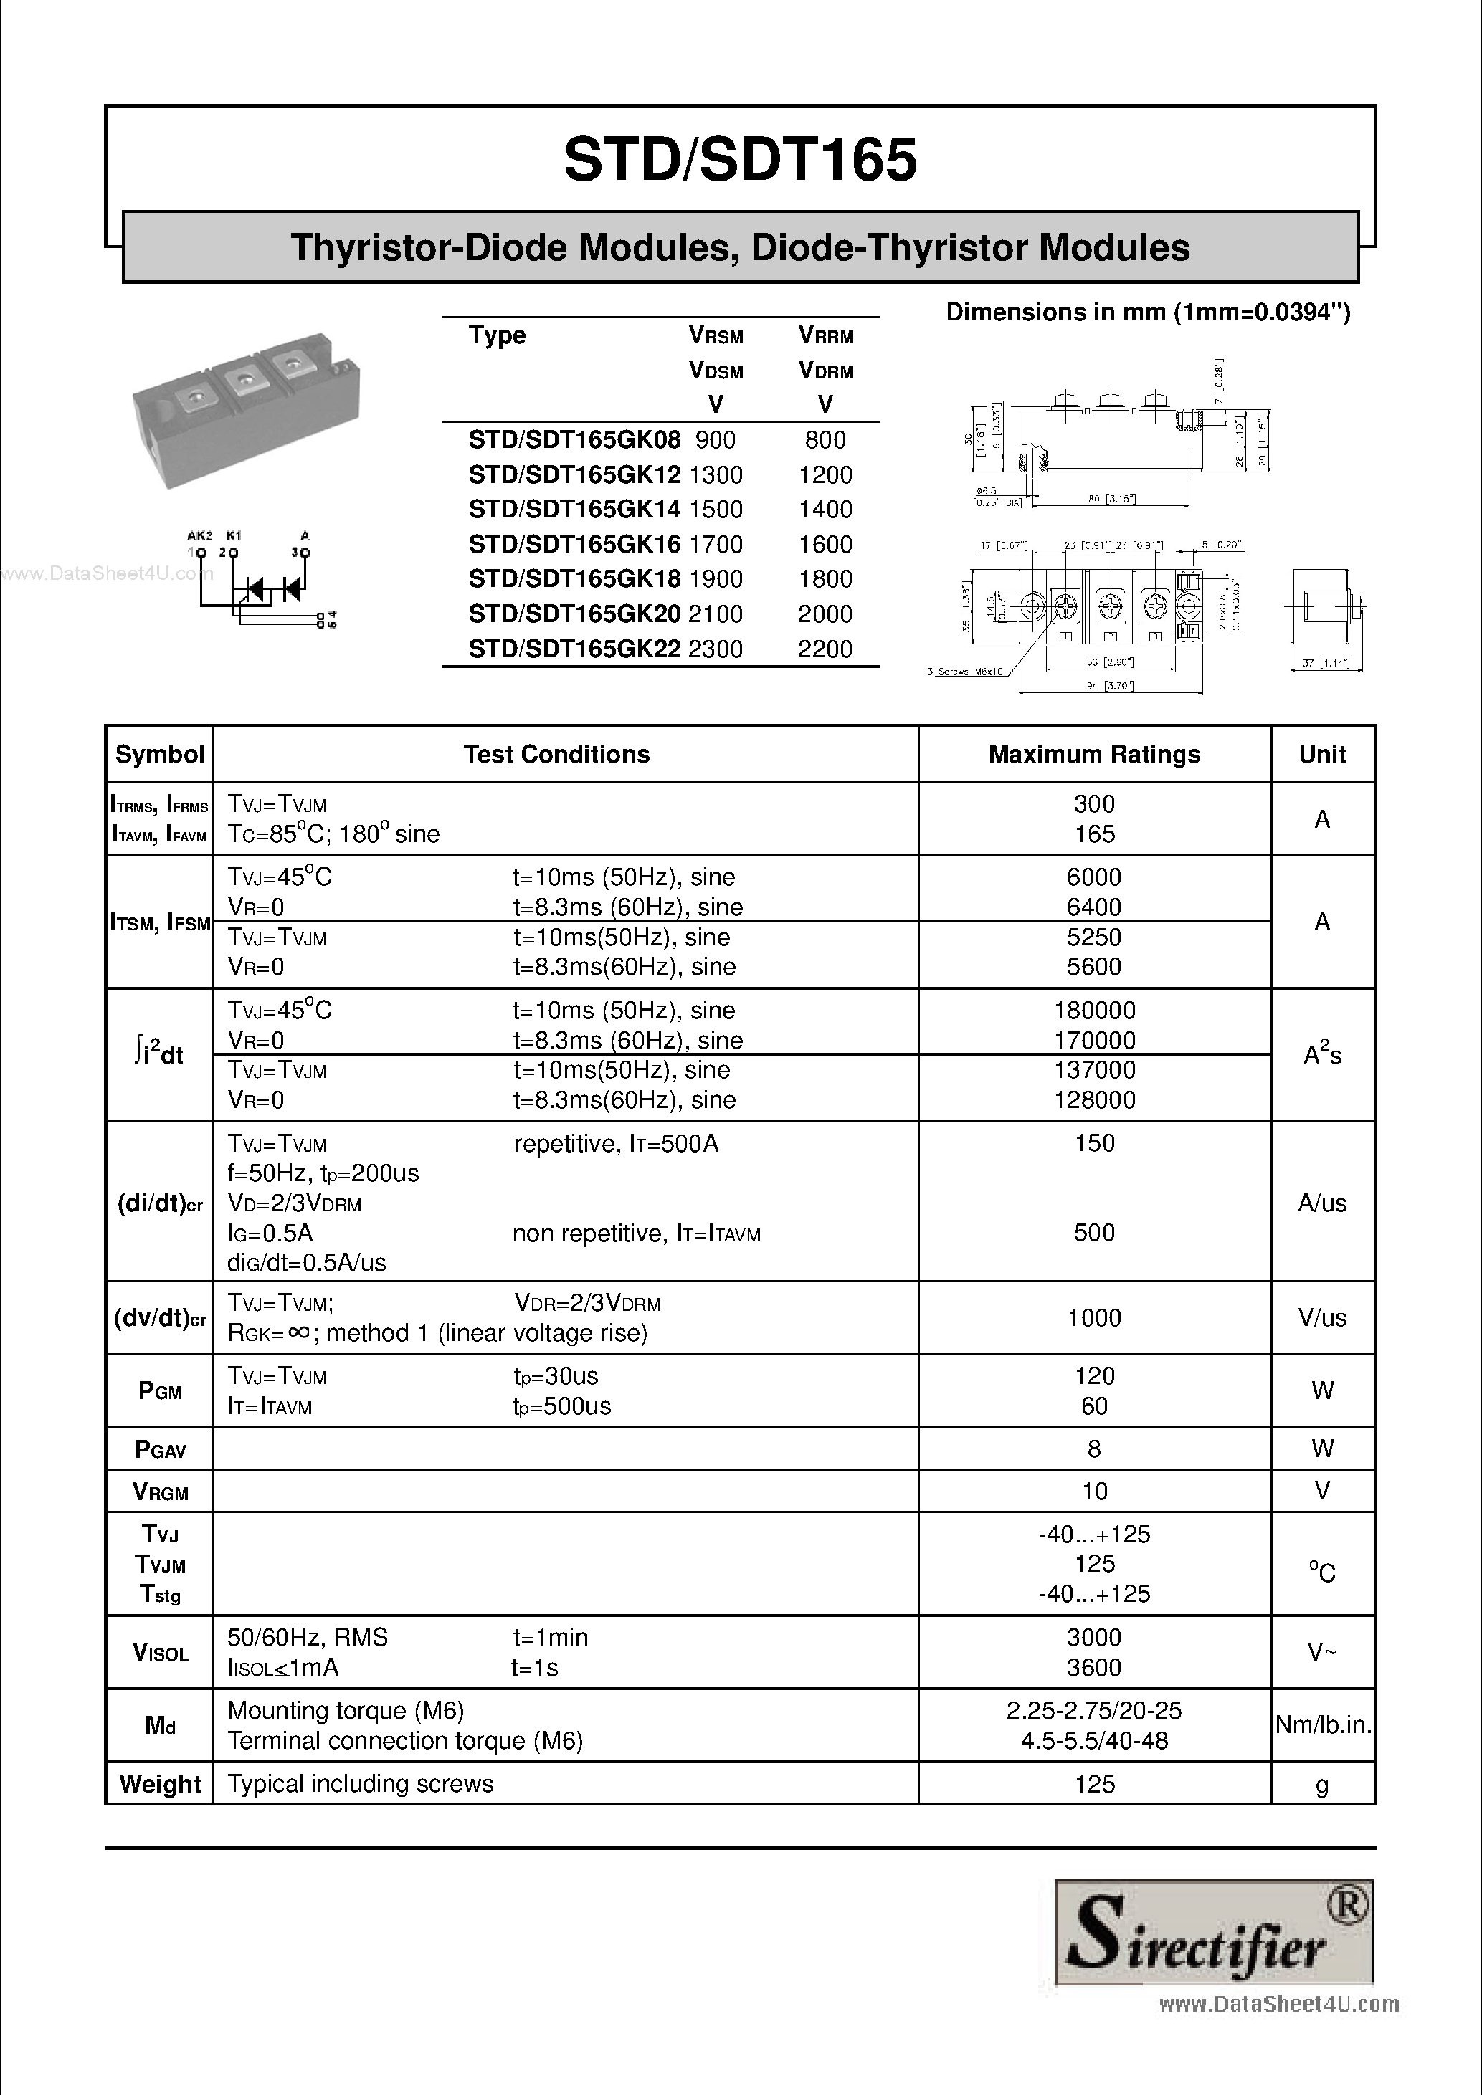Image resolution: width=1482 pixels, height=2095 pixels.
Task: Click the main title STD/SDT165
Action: pos(740,160)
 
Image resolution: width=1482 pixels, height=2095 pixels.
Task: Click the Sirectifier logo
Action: pos(1214,1932)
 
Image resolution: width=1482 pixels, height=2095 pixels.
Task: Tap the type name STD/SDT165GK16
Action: pos(574,545)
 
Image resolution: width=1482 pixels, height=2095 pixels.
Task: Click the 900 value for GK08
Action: pos(715,440)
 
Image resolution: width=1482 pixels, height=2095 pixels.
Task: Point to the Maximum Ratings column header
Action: pos(1093,755)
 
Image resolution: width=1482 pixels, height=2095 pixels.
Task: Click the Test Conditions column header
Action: pos(556,755)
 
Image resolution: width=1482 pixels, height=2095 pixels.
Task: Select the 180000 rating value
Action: pos(1094,1010)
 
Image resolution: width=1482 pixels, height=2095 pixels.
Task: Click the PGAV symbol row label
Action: pos(160,1449)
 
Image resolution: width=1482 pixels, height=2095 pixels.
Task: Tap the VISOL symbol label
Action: pos(160,1653)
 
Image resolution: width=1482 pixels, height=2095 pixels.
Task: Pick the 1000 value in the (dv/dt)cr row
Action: pos(1093,1317)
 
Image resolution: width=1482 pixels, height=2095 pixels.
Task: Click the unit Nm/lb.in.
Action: pos(1322,1724)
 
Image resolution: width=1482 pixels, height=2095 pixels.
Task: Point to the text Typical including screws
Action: pos(361,1784)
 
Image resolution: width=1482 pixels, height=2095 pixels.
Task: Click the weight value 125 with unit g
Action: pos(1094,1784)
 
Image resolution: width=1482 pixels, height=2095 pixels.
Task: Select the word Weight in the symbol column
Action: pos(160,1784)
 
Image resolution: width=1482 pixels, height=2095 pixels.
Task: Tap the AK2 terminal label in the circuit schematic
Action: pos(199,535)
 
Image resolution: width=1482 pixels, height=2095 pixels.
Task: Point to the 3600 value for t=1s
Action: pos(1093,1668)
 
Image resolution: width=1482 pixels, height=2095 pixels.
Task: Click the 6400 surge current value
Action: pos(1093,907)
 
